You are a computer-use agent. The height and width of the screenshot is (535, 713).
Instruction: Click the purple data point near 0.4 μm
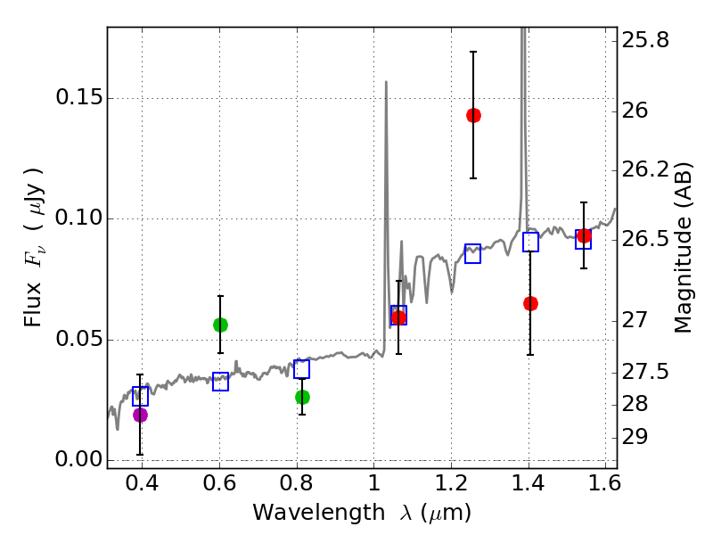point(140,415)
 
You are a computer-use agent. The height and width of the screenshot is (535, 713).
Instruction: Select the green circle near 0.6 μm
point(220,325)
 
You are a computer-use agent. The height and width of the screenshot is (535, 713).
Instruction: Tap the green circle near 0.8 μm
point(302,397)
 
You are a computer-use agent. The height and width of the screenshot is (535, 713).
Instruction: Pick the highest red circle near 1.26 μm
point(473,115)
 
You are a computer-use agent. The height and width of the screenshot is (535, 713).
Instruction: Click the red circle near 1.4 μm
point(530,303)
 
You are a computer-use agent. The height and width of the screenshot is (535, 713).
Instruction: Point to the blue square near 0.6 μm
point(221,382)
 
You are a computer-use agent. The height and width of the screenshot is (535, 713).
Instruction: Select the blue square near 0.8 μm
point(302,369)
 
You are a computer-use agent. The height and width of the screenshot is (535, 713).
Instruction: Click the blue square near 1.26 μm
point(473,253)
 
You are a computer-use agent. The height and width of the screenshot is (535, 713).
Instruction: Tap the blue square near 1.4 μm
point(530,242)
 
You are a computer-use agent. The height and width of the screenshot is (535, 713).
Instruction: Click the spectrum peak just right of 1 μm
point(386,83)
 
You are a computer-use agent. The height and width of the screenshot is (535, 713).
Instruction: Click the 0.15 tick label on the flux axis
point(78,98)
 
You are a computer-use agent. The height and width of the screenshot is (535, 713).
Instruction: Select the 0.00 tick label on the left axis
point(78,460)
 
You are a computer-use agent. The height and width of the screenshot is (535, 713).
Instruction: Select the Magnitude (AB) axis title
point(684,247)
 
